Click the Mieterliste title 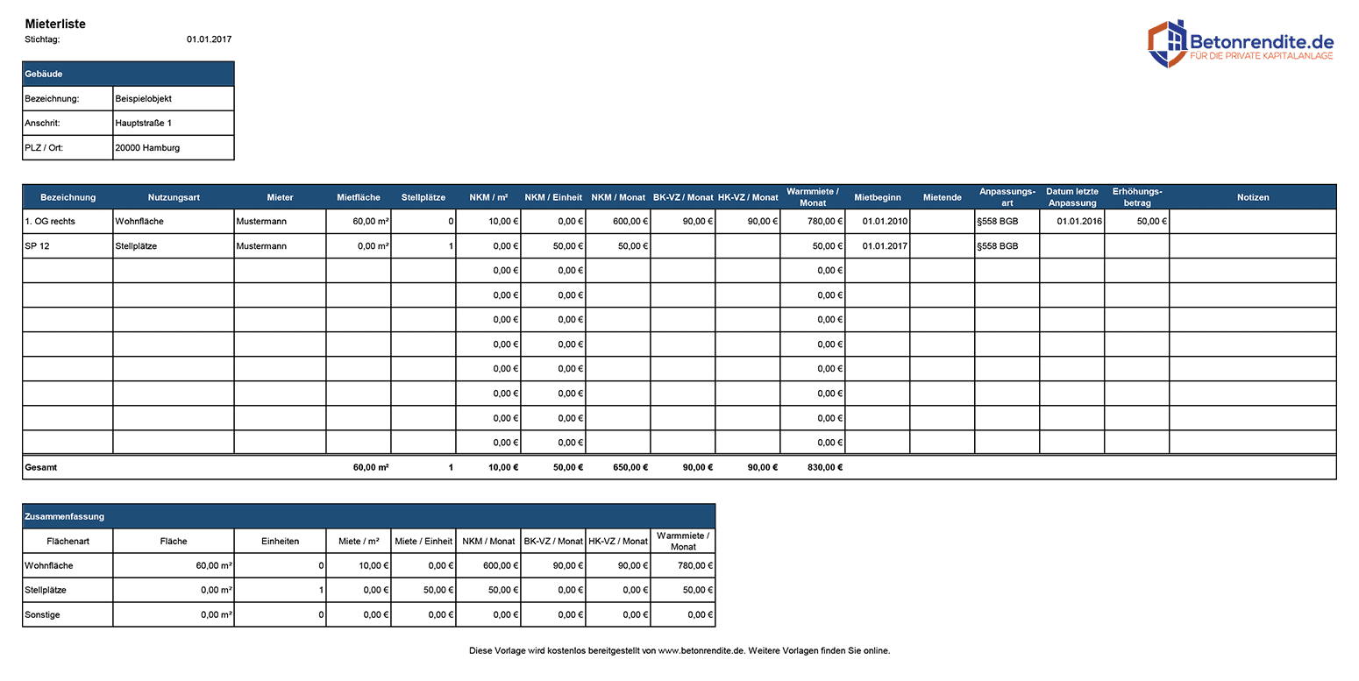pyautogui.click(x=55, y=24)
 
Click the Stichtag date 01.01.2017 pyautogui.click(x=209, y=39)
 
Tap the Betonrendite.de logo pyautogui.click(x=1241, y=44)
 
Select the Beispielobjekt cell pyautogui.click(x=143, y=99)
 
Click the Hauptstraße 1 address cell pyautogui.click(x=143, y=124)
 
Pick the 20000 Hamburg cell pyautogui.click(x=147, y=148)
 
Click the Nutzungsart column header pyautogui.click(x=174, y=197)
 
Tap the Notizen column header pyautogui.click(x=1253, y=197)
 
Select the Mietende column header pyautogui.click(x=942, y=197)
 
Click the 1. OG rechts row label pyautogui.click(x=50, y=222)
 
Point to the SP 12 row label pyautogui.click(x=37, y=246)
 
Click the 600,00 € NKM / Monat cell pyautogui.click(x=630, y=222)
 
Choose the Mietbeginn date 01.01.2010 pyautogui.click(x=885, y=222)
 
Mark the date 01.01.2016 pyautogui.click(x=1079, y=222)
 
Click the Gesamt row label pyautogui.click(x=40, y=467)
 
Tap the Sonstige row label pyautogui.click(x=43, y=614)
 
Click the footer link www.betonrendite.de pyautogui.click(x=701, y=650)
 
